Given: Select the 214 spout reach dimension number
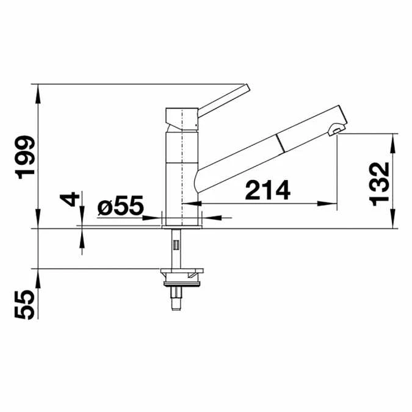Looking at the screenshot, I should tap(267, 191).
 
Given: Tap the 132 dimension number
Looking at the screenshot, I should tap(380, 184).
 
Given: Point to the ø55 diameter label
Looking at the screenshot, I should tap(120, 206).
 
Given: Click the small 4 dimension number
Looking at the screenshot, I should tap(71, 199).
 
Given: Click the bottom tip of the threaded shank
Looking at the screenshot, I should tap(178, 305).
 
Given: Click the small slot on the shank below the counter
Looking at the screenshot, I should tap(176, 245).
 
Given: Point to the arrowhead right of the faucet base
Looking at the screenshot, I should tap(209, 217).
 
